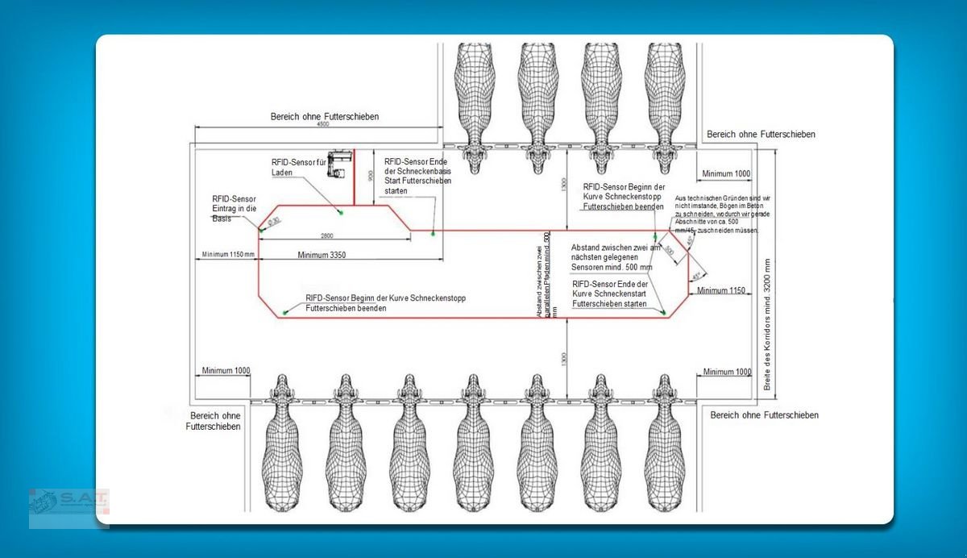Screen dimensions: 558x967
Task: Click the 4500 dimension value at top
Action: [322, 125]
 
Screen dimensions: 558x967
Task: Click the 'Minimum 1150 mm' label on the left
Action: [229, 255]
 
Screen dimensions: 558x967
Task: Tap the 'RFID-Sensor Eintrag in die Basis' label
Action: [234, 208]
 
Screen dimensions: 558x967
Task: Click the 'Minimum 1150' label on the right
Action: [720, 290]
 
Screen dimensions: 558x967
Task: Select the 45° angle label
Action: [697, 276]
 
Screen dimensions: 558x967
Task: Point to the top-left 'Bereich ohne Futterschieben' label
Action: [324, 117]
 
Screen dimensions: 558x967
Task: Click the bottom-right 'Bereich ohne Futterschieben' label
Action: [765, 414]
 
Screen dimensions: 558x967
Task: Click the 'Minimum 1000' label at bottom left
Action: [223, 371]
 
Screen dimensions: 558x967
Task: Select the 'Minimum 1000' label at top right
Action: [726, 173]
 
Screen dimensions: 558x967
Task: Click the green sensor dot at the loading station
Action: [341, 212]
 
